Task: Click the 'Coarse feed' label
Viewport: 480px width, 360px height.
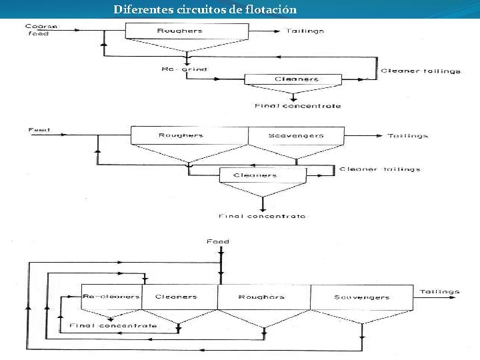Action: (x=41, y=30)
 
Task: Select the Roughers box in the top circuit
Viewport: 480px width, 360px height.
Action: (x=179, y=31)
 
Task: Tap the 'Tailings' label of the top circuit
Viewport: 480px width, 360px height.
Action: (x=305, y=31)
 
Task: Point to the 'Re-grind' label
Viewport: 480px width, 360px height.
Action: (x=184, y=69)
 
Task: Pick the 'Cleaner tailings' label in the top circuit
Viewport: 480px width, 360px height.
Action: (x=420, y=71)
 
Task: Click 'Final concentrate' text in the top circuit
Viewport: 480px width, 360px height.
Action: (x=297, y=106)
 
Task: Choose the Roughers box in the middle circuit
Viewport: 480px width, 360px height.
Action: (x=181, y=135)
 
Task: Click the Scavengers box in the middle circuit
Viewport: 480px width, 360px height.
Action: (x=295, y=135)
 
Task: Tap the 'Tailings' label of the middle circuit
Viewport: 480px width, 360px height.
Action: (x=407, y=135)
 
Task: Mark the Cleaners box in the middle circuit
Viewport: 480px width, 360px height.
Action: (x=255, y=176)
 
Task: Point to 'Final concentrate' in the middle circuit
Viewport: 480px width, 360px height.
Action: (x=262, y=216)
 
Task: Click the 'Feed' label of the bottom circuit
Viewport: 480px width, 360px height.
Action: (x=217, y=241)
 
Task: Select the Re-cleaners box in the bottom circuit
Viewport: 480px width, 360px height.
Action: (x=111, y=297)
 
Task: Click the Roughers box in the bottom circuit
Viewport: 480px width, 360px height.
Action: (x=261, y=297)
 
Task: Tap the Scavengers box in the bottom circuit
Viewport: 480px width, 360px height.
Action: (x=361, y=297)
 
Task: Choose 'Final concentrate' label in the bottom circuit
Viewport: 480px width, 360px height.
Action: (x=113, y=325)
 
